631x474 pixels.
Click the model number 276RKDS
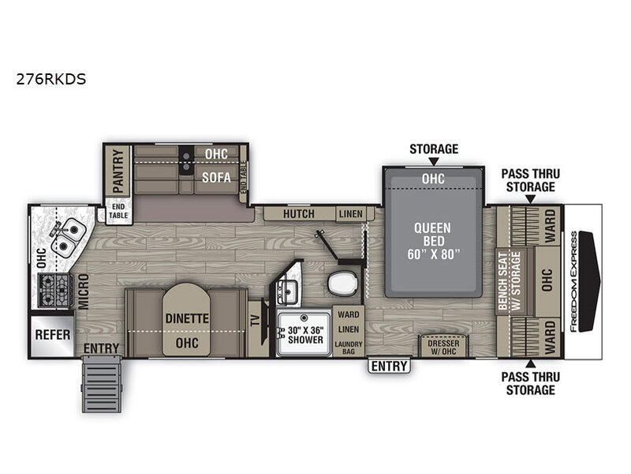(51, 80)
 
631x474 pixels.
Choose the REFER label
(53, 335)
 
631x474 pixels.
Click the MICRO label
(83, 291)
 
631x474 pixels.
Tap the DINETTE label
(185, 320)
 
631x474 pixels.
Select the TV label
(254, 322)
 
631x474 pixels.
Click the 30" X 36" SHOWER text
(303, 334)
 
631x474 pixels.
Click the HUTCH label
(298, 214)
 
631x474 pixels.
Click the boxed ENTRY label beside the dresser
(389, 366)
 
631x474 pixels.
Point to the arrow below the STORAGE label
(433, 161)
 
